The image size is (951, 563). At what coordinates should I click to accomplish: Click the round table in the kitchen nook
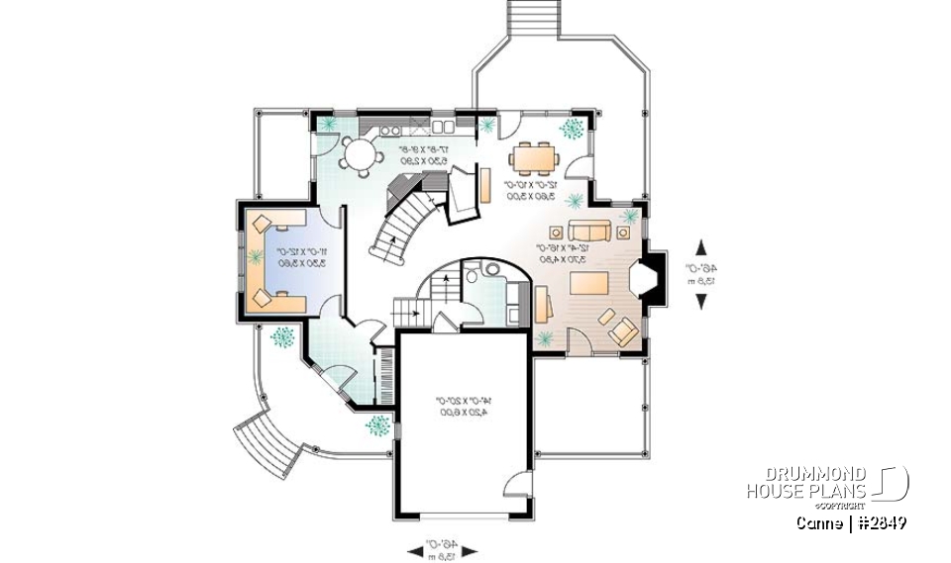pos(354,152)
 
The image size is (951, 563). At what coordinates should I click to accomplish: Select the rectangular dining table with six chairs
pos(535,157)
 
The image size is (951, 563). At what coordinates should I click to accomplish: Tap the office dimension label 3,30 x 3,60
pos(279,262)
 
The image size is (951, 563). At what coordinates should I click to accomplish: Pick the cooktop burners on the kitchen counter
pos(388,130)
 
